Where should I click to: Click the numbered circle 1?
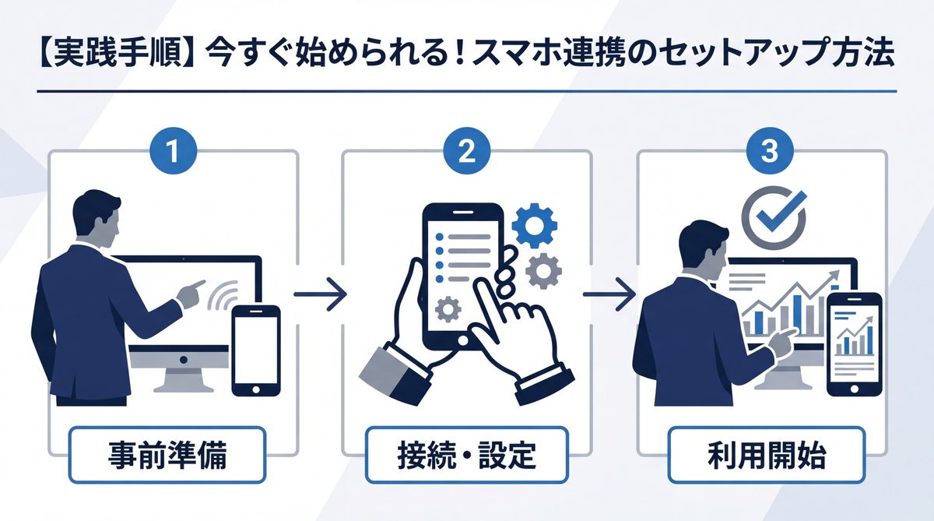(x=173, y=150)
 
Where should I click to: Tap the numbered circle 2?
(x=466, y=150)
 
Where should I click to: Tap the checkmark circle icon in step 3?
(x=770, y=211)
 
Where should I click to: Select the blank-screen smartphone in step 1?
(x=256, y=350)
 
